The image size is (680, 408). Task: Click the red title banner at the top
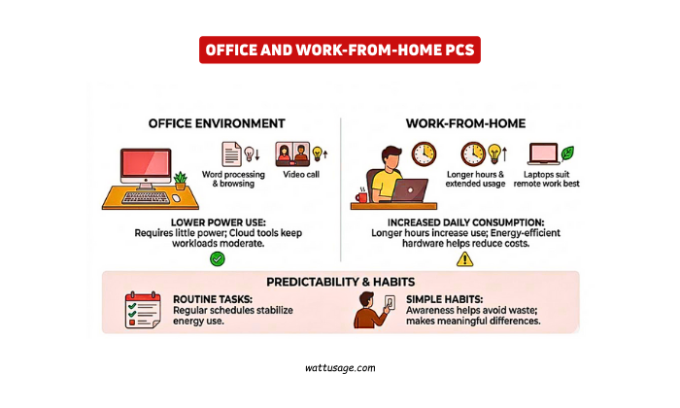click(x=339, y=50)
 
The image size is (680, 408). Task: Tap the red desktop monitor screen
click(x=145, y=168)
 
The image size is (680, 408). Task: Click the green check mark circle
click(x=218, y=259)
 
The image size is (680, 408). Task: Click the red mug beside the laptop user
click(x=362, y=197)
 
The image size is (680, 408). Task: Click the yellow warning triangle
click(x=463, y=259)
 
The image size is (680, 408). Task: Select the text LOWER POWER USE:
click(x=216, y=222)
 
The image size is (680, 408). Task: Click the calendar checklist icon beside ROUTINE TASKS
click(x=143, y=311)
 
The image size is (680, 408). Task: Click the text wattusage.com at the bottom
click(x=339, y=368)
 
